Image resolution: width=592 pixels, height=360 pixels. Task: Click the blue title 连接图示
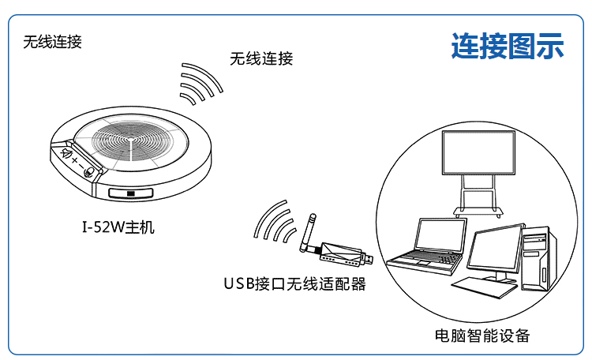coord(508,46)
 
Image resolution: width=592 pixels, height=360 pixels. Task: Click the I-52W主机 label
coord(118,228)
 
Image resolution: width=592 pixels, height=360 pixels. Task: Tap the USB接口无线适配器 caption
coord(294,284)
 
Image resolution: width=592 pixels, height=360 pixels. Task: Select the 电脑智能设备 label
coord(482,336)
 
